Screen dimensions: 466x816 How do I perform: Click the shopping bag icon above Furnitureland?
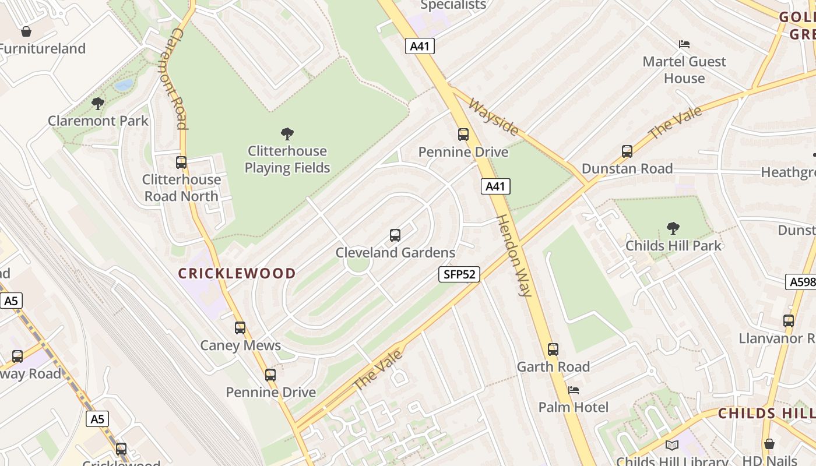(x=26, y=31)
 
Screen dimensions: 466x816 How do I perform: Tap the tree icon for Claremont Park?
(x=98, y=104)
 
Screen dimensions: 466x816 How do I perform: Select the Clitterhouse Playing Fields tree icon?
(x=287, y=134)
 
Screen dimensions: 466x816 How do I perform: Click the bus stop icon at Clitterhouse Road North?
(x=181, y=163)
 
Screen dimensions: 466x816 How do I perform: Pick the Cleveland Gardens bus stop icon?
(x=395, y=235)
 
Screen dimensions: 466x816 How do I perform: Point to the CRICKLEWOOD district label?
(x=237, y=273)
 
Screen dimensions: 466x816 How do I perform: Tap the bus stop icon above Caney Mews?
(x=240, y=328)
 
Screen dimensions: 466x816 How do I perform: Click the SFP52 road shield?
(x=459, y=274)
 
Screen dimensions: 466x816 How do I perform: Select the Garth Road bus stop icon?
(x=553, y=349)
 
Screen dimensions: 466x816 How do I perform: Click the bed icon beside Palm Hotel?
(x=574, y=390)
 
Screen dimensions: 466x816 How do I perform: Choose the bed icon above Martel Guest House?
(x=684, y=44)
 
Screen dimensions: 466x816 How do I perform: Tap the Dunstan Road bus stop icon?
(x=627, y=151)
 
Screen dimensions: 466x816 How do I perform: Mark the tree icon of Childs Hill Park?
(x=673, y=228)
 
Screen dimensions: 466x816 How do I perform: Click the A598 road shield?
(x=801, y=282)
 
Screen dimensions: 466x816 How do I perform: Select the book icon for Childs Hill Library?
(x=672, y=445)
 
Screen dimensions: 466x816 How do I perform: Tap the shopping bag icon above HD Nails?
(x=769, y=444)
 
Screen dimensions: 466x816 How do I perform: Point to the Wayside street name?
(x=493, y=116)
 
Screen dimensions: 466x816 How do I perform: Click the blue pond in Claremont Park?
(x=124, y=86)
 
